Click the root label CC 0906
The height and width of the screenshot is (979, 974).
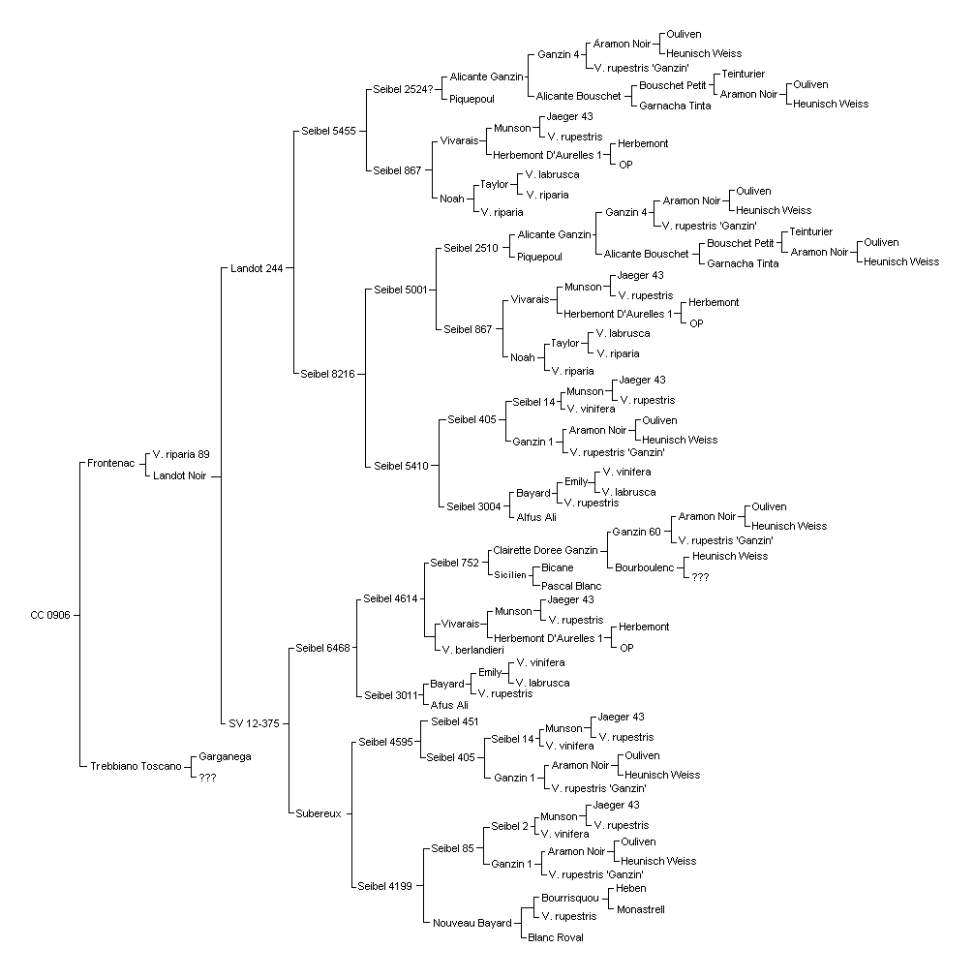click(50, 615)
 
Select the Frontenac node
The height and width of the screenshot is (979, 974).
click(111, 463)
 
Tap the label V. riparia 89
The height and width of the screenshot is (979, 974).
click(181, 454)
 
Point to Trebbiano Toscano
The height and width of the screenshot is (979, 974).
click(137, 766)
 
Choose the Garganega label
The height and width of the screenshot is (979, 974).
click(225, 756)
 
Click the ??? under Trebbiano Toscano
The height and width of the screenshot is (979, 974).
click(207, 778)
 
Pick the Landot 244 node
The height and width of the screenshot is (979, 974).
click(257, 268)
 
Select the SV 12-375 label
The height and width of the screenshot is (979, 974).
click(254, 723)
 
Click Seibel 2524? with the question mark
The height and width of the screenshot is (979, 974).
click(404, 89)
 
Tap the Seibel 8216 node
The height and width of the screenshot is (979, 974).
click(328, 374)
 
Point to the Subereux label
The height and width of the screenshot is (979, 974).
click(319, 813)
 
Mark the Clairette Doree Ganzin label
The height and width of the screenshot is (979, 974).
click(546, 550)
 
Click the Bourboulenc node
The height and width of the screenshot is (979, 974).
click(645, 567)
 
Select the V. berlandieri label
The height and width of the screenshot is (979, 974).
click(472, 650)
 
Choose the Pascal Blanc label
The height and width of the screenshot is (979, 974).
click(571, 586)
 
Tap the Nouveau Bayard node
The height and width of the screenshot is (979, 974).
click(472, 923)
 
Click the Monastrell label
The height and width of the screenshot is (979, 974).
click(641, 909)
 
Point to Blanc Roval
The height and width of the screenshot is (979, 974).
click(556, 937)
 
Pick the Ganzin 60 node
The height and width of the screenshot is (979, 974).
click(636, 532)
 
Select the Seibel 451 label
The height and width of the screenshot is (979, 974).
click(454, 721)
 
